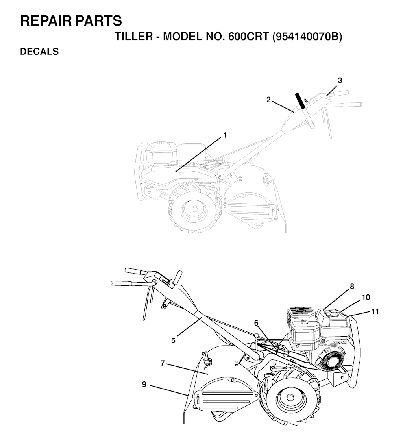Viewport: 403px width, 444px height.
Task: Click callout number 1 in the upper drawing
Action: click(x=225, y=135)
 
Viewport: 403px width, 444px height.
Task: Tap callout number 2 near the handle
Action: click(x=268, y=100)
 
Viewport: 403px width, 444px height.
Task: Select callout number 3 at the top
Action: click(x=340, y=80)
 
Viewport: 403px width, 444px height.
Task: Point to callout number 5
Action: click(x=173, y=340)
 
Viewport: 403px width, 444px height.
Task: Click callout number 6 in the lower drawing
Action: click(x=256, y=323)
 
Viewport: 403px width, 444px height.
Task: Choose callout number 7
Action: click(x=163, y=363)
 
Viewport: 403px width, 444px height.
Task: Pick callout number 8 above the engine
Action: click(x=352, y=286)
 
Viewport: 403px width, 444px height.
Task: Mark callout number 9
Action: click(x=144, y=384)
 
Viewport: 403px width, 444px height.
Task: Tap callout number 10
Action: click(x=366, y=297)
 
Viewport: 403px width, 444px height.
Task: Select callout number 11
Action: click(x=375, y=312)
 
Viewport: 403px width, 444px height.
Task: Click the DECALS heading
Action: click(x=39, y=52)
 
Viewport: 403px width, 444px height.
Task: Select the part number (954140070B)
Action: click(x=307, y=37)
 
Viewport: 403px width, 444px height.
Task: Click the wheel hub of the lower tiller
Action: click(x=289, y=397)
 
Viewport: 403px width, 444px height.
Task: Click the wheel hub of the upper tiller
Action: click(x=194, y=209)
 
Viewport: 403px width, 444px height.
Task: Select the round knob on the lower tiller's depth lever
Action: click(x=257, y=335)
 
